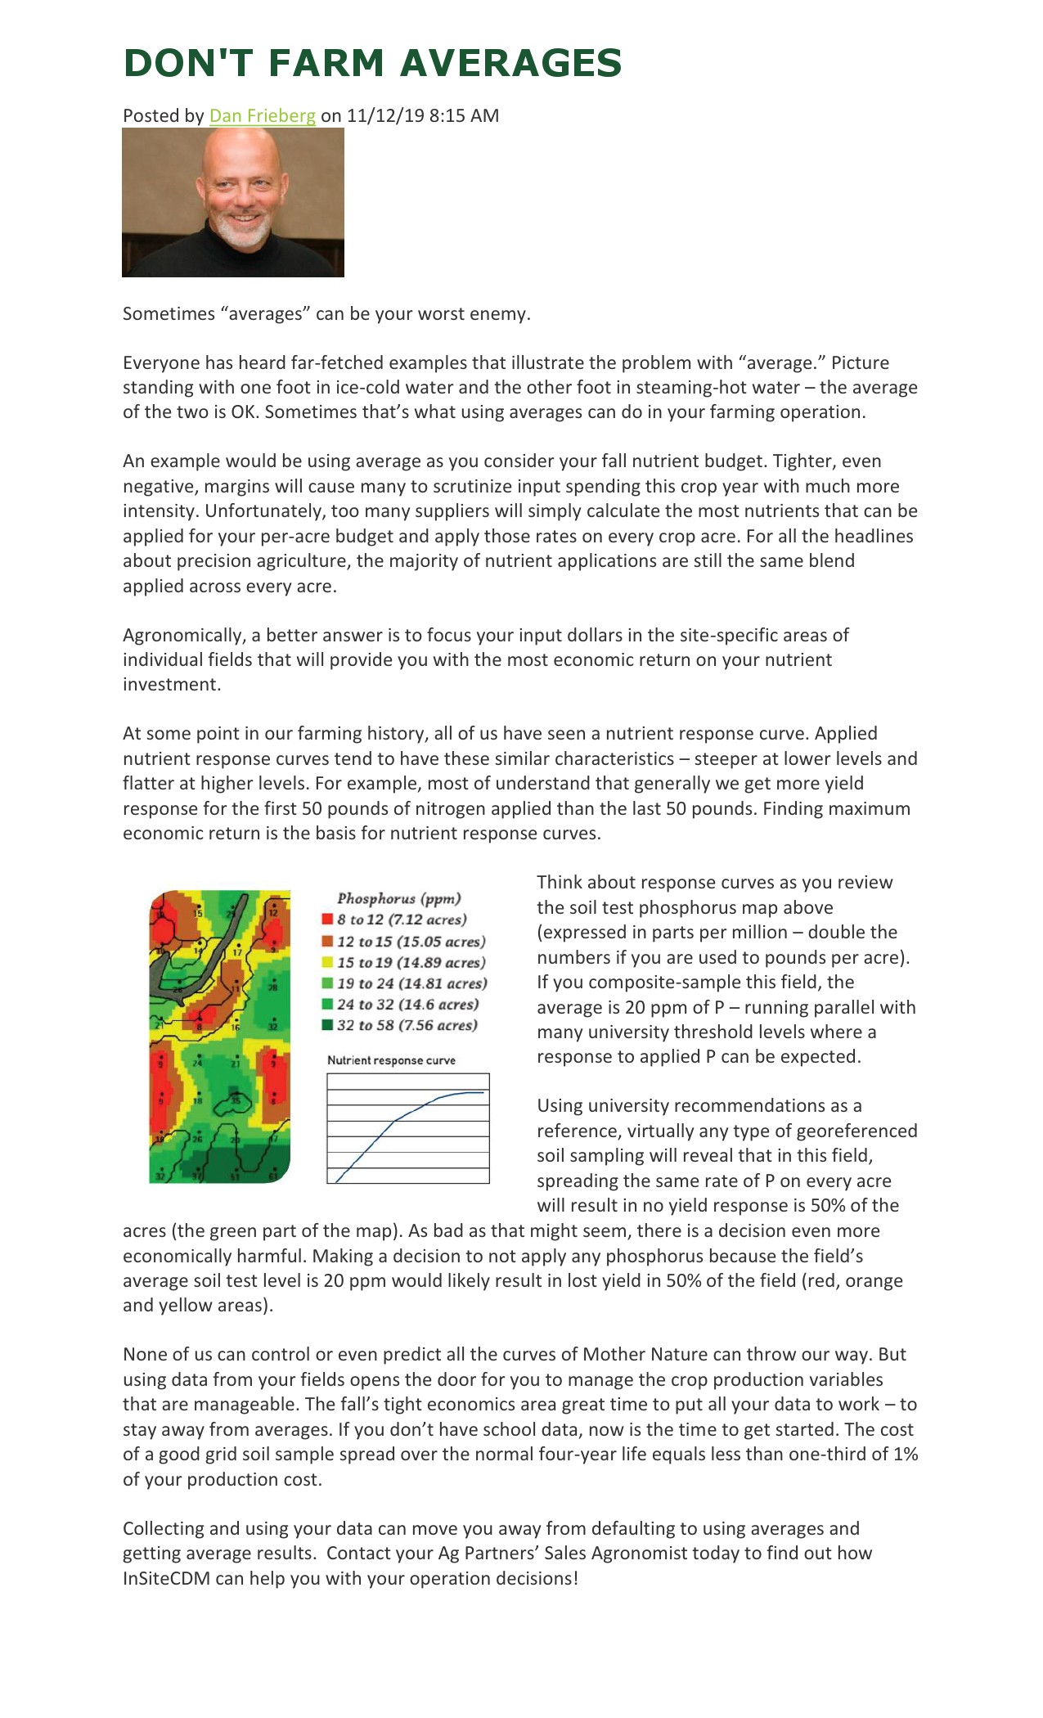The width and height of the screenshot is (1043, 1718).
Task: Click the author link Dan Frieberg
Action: click(x=262, y=115)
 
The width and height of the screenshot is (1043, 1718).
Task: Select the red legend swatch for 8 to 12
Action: click(x=327, y=920)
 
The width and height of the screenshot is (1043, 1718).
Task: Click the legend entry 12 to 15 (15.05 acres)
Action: click(x=411, y=942)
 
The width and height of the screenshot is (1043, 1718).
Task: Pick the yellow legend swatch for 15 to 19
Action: click(x=327, y=963)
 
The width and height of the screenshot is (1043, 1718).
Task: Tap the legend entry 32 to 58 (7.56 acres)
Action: click(x=407, y=1025)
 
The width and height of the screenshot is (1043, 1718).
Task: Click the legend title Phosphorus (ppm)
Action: click(x=399, y=898)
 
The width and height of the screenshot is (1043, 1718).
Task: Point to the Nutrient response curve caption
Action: click(x=391, y=1060)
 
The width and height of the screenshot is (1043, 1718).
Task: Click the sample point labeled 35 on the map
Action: click(x=236, y=1100)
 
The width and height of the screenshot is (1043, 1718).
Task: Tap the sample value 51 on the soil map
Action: click(x=235, y=1177)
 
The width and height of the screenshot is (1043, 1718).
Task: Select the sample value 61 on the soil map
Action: click(x=272, y=1177)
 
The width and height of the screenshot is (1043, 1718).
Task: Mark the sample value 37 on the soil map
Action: click(x=196, y=1177)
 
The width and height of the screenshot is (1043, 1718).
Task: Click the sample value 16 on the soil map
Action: click(x=235, y=1026)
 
